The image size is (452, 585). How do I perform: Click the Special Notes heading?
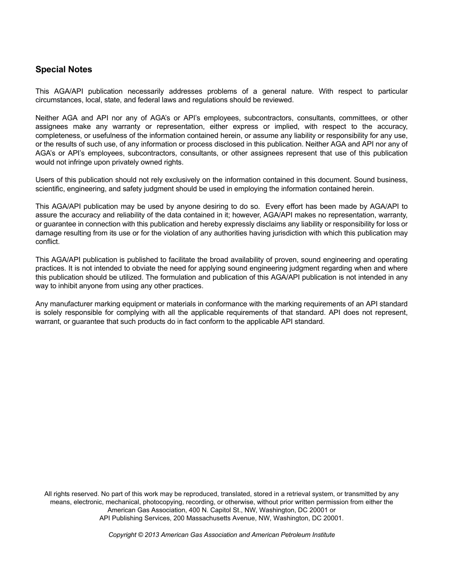pyautogui.click(x=64, y=69)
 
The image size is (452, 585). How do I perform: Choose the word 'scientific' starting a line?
pyautogui.click(x=49, y=189)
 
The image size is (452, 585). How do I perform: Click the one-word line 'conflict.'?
pyautogui.click(x=48, y=242)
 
